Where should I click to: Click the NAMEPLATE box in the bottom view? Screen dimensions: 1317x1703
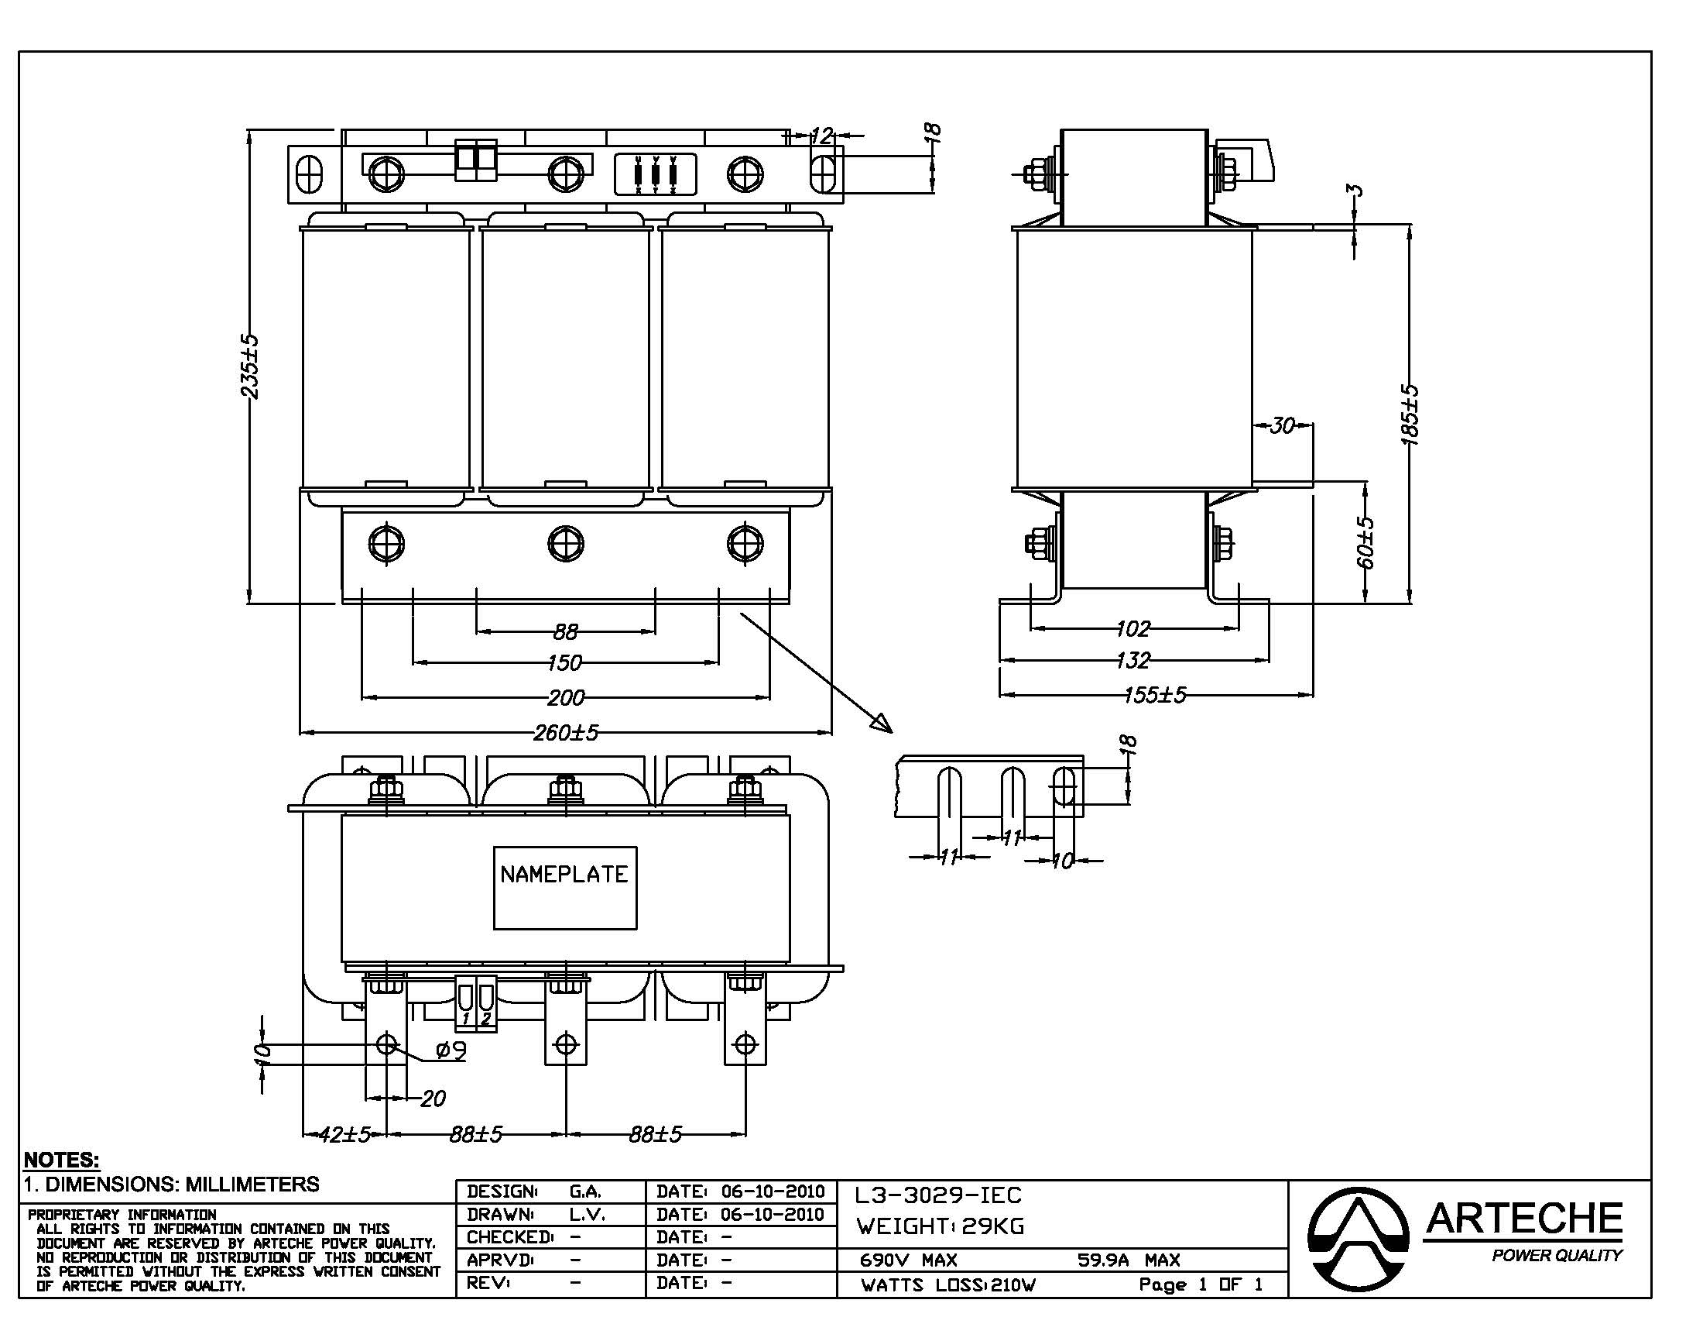pos(564,887)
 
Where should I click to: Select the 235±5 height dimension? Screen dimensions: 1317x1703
pos(249,366)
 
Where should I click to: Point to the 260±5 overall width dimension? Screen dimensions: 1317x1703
pos(566,733)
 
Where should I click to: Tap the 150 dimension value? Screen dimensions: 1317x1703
pos(564,662)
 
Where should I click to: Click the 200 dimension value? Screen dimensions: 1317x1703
pos(565,696)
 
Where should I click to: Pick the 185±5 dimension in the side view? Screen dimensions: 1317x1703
pos(1410,414)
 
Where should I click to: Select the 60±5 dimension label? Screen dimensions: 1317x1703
pos(1365,542)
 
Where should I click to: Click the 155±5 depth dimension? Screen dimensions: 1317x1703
pos(1155,694)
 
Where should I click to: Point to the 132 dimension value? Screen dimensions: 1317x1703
pos(1132,661)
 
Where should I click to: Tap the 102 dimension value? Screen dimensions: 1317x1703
pos(1132,628)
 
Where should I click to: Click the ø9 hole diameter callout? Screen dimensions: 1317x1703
pos(451,1052)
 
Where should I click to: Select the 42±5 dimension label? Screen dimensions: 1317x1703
pos(344,1134)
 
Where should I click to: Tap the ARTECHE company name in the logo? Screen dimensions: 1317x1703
pos(1523,1219)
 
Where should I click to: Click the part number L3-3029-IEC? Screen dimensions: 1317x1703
pos(937,1195)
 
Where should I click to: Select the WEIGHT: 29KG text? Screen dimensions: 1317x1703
pos(941,1226)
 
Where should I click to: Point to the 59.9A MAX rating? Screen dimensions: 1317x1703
pos(1129,1260)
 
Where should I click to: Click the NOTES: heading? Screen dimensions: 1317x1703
pos(62,1160)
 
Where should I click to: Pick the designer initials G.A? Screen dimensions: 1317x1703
pos(584,1191)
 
